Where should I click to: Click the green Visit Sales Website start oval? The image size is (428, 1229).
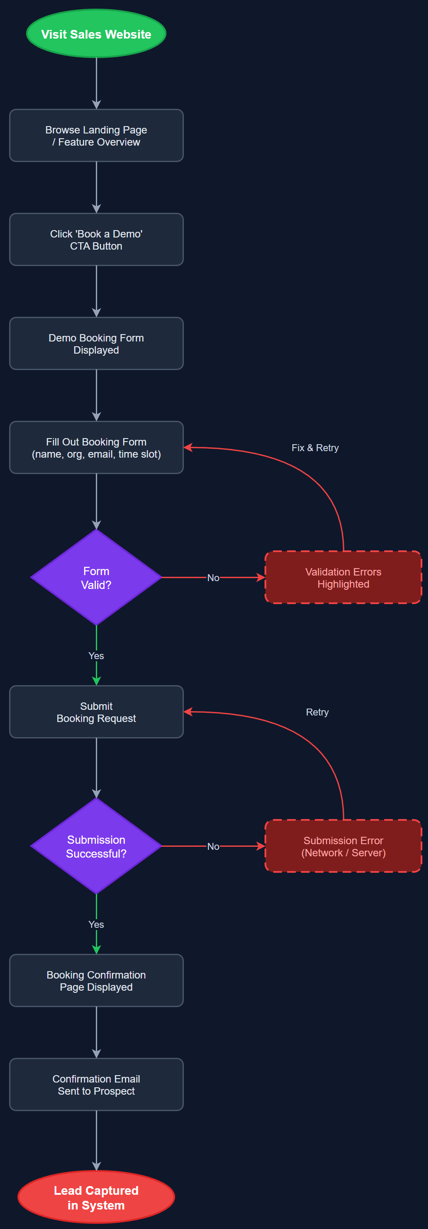coord(96,34)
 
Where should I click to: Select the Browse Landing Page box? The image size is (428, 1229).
coord(96,136)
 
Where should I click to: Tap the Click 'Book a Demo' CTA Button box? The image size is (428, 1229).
coord(96,240)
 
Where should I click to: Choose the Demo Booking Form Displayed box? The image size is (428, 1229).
coord(96,344)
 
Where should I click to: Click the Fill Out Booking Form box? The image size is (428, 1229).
coord(96,448)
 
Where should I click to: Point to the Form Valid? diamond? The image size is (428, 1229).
coord(96,577)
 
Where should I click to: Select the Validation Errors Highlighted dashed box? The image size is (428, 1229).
coord(343,577)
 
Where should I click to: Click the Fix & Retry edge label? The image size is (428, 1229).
coord(315,448)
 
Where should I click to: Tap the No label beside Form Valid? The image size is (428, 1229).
coord(213,578)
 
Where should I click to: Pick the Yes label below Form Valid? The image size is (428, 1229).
coord(96,656)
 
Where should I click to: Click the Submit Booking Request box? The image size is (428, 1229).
coord(96,712)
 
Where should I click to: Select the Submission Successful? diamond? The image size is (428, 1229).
coord(96,846)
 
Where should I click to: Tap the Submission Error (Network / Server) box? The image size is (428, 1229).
coord(343,846)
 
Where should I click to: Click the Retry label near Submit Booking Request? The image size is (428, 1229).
coord(317,712)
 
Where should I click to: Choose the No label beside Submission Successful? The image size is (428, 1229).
coord(213,846)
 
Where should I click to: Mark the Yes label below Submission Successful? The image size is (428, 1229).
coord(96,924)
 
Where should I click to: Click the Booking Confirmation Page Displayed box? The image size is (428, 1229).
coord(96,980)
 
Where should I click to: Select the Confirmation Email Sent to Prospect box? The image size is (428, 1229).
coord(96,1084)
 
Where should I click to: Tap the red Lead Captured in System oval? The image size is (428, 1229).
coord(96,1197)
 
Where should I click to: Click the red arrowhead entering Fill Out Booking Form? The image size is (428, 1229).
coord(188,448)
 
